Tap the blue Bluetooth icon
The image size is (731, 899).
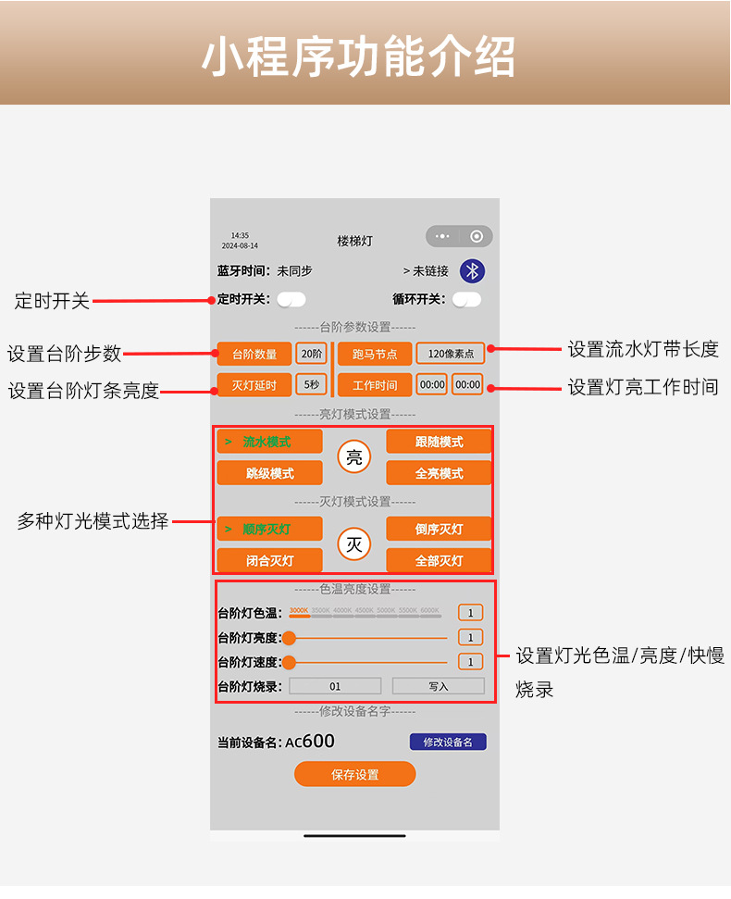point(473,270)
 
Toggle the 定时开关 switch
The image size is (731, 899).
point(291,299)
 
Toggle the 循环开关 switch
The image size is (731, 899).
point(467,299)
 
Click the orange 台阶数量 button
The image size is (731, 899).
point(254,354)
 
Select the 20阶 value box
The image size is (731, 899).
point(312,354)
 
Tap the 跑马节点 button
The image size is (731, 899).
point(375,354)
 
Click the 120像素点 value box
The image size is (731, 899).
point(451,354)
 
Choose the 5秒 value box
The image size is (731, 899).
point(312,384)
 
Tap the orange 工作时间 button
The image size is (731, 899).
point(375,384)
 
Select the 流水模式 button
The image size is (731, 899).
point(269,442)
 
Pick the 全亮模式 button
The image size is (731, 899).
point(439,473)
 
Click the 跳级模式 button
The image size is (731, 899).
point(269,473)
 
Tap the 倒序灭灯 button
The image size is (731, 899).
point(439,529)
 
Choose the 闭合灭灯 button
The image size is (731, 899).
point(269,560)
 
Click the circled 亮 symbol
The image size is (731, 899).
point(354,456)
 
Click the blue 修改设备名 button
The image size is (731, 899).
point(448,742)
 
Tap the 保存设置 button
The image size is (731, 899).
point(355,774)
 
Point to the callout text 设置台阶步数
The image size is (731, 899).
point(65,354)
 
